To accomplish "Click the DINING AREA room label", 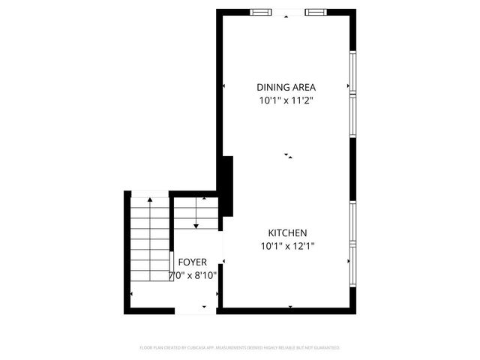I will (x=286, y=86).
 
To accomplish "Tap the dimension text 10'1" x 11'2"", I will (x=286, y=100).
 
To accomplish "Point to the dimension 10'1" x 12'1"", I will (x=286, y=246).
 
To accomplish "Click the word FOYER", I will (x=193, y=262).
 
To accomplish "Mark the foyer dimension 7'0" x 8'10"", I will (x=193, y=275).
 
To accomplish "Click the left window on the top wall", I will (x=261, y=11).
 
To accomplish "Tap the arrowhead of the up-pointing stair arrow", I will (x=150, y=199).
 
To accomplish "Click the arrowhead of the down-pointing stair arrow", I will (x=196, y=225).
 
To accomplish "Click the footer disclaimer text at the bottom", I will (x=240, y=348).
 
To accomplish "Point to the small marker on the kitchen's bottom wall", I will (x=290, y=306).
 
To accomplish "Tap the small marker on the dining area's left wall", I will (x=223, y=87).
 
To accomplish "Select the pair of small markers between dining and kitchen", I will (x=287, y=155).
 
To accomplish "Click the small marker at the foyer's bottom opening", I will (x=204, y=306).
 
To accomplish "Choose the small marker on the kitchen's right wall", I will (x=349, y=262).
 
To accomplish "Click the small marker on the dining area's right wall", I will (x=349, y=87).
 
